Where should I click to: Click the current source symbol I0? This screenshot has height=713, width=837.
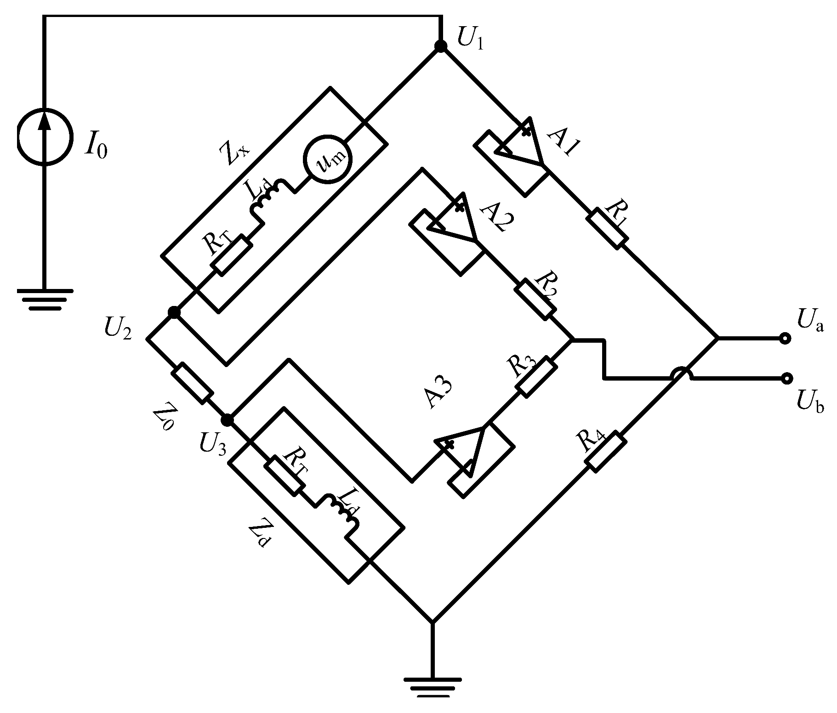click(x=45, y=136)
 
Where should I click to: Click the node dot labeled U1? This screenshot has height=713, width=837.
click(x=440, y=46)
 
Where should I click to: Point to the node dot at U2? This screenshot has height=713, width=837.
click(x=174, y=312)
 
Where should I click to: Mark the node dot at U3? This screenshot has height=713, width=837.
click(x=227, y=420)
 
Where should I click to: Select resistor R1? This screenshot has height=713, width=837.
click(x=607, y=228)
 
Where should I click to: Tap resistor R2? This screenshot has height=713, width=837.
click(x=534, y=300)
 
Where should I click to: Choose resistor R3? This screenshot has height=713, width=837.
click(x=536, y=376)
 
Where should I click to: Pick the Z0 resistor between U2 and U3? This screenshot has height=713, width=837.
click(x=193, y=383)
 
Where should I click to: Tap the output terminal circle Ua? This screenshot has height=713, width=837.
click(x=785, y=339)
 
